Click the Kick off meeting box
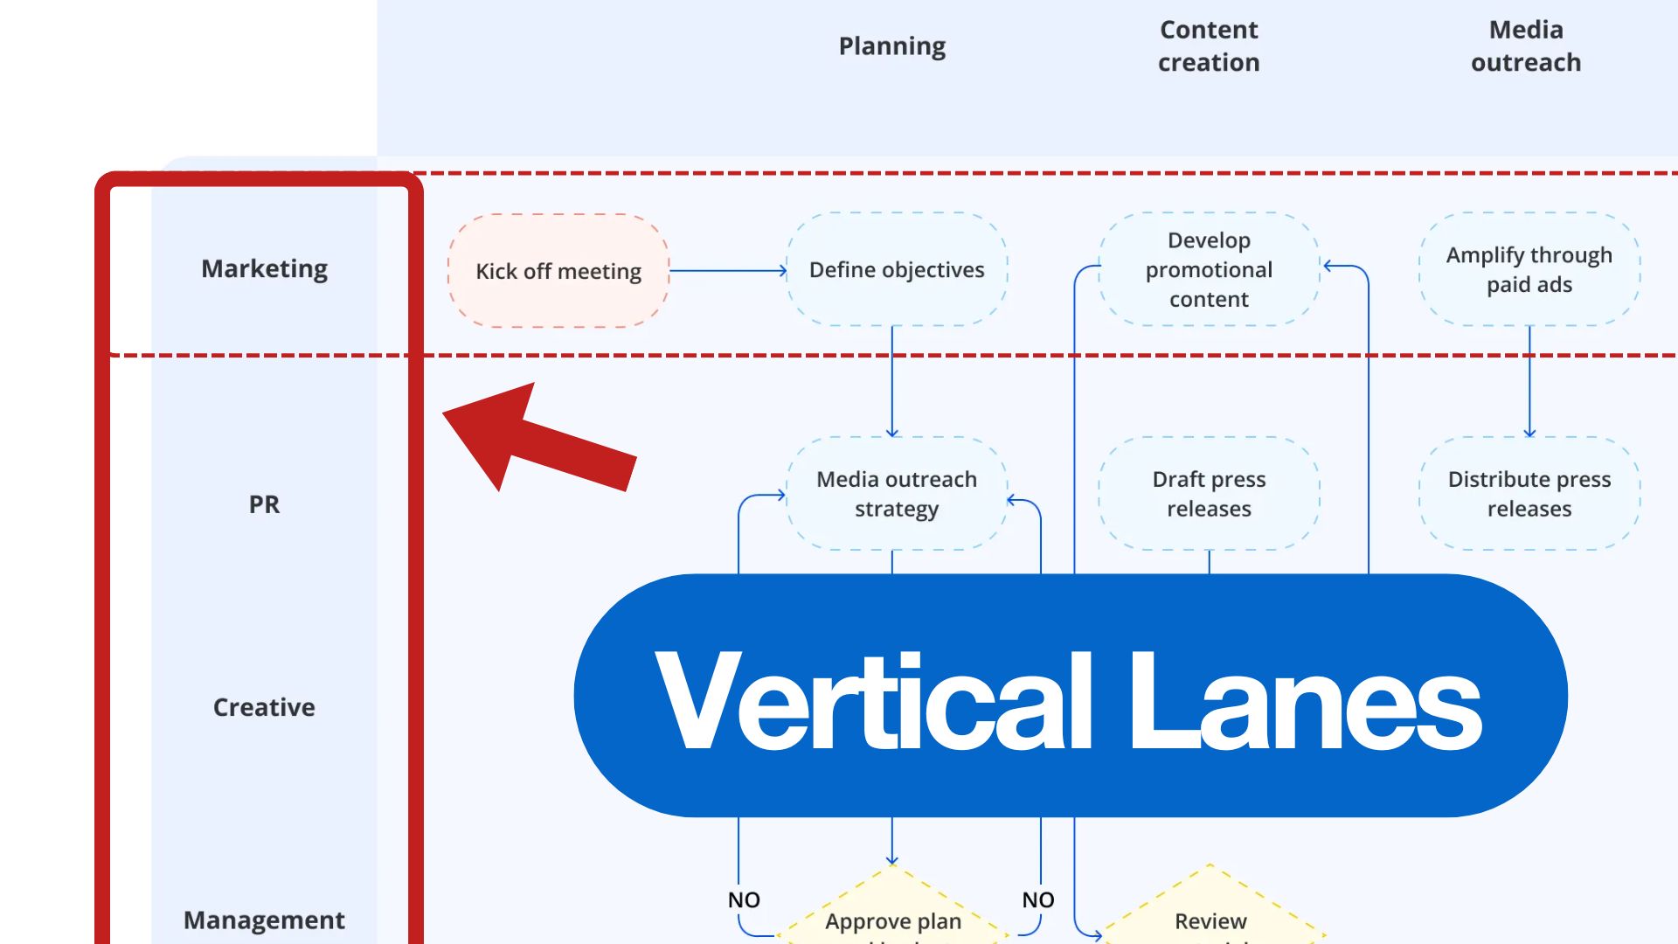[558, 271]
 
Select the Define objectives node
[897, 270]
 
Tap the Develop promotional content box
[1209, 269]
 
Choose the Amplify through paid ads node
[1529, 269]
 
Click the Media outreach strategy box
[897, 494]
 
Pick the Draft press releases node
[1209, 494]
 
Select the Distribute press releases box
[1529, 494]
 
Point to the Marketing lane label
[264, 268]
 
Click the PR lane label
[264, 504]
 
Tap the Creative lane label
[264, 707]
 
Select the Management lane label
[264, 920]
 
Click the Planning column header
[891, 46]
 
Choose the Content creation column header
[1209, 46]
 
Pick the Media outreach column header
[1526, 46]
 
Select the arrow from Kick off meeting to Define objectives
[727, 271]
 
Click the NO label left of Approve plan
[744, 899]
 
